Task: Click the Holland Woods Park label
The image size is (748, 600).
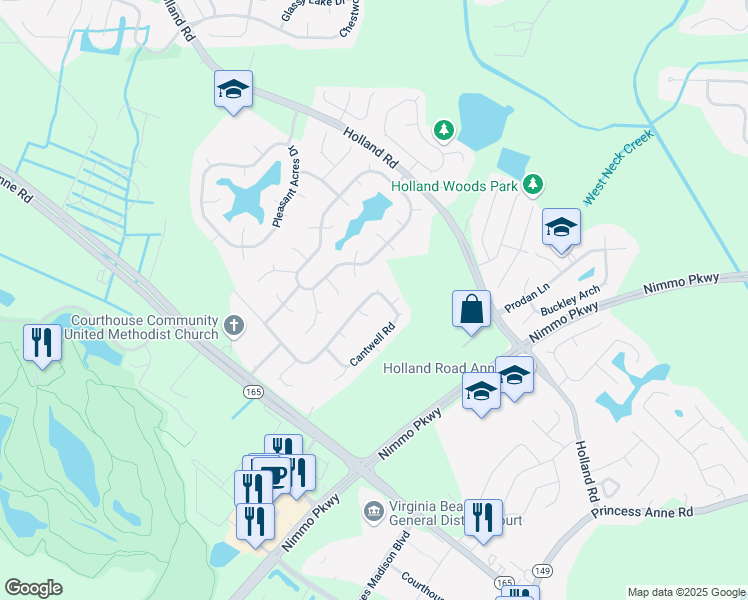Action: pyautogui.click(x=454, y=186)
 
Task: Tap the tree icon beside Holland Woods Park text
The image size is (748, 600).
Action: pyautogui.click(x=534, y=184)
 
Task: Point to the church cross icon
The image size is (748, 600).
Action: pyautogui.click(x=235, y=325)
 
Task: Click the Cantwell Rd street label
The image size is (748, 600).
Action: pyautogui.click(x=373, y=343)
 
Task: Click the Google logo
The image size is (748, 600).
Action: pyautogui.click(x=33, y=588)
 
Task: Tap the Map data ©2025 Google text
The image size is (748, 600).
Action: pyautogui.click(x=686, y=592)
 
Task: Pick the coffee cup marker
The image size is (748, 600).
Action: pyautogui.click(x=270, y=473)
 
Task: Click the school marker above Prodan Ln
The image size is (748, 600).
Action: pyautogui.click(x=561, y=228)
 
